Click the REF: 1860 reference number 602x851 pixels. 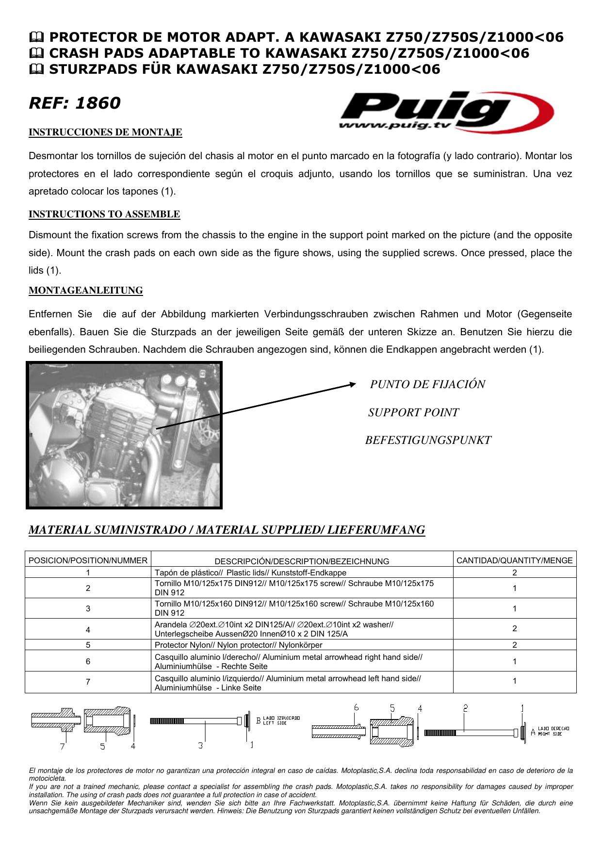click(75, 103)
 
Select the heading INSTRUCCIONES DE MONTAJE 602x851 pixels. click(105, 132)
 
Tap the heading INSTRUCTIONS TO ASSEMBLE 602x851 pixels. click(104, 214)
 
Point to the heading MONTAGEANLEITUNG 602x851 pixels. click(86, 290)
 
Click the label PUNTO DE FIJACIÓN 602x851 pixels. click(427, 384)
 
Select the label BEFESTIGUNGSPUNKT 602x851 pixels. click(428, 440)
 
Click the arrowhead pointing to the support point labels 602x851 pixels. click(353, 385)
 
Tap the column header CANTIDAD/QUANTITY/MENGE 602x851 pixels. click(514, 560)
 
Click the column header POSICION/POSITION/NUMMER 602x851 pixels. click(88, 560)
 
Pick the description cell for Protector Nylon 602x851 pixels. click(238, 645)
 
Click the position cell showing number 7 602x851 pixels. click(88, 682)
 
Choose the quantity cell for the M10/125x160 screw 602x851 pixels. click(514, 608)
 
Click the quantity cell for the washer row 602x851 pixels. click(514, 629)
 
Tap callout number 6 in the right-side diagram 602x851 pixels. click(356, 708)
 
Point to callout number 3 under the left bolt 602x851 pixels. click(200, 745)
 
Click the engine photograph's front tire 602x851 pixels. click(212, 480)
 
